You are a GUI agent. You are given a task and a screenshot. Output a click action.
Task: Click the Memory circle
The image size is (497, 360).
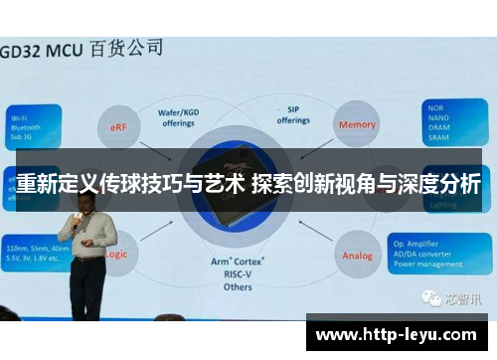358,124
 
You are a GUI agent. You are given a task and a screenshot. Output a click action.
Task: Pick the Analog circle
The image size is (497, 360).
358,256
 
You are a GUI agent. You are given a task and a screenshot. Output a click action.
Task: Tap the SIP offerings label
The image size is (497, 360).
293,115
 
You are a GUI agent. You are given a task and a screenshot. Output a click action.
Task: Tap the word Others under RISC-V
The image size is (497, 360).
238,286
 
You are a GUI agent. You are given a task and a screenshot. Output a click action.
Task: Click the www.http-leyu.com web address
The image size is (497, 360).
401,333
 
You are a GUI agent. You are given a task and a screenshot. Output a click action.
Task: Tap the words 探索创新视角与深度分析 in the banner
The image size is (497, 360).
366,183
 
